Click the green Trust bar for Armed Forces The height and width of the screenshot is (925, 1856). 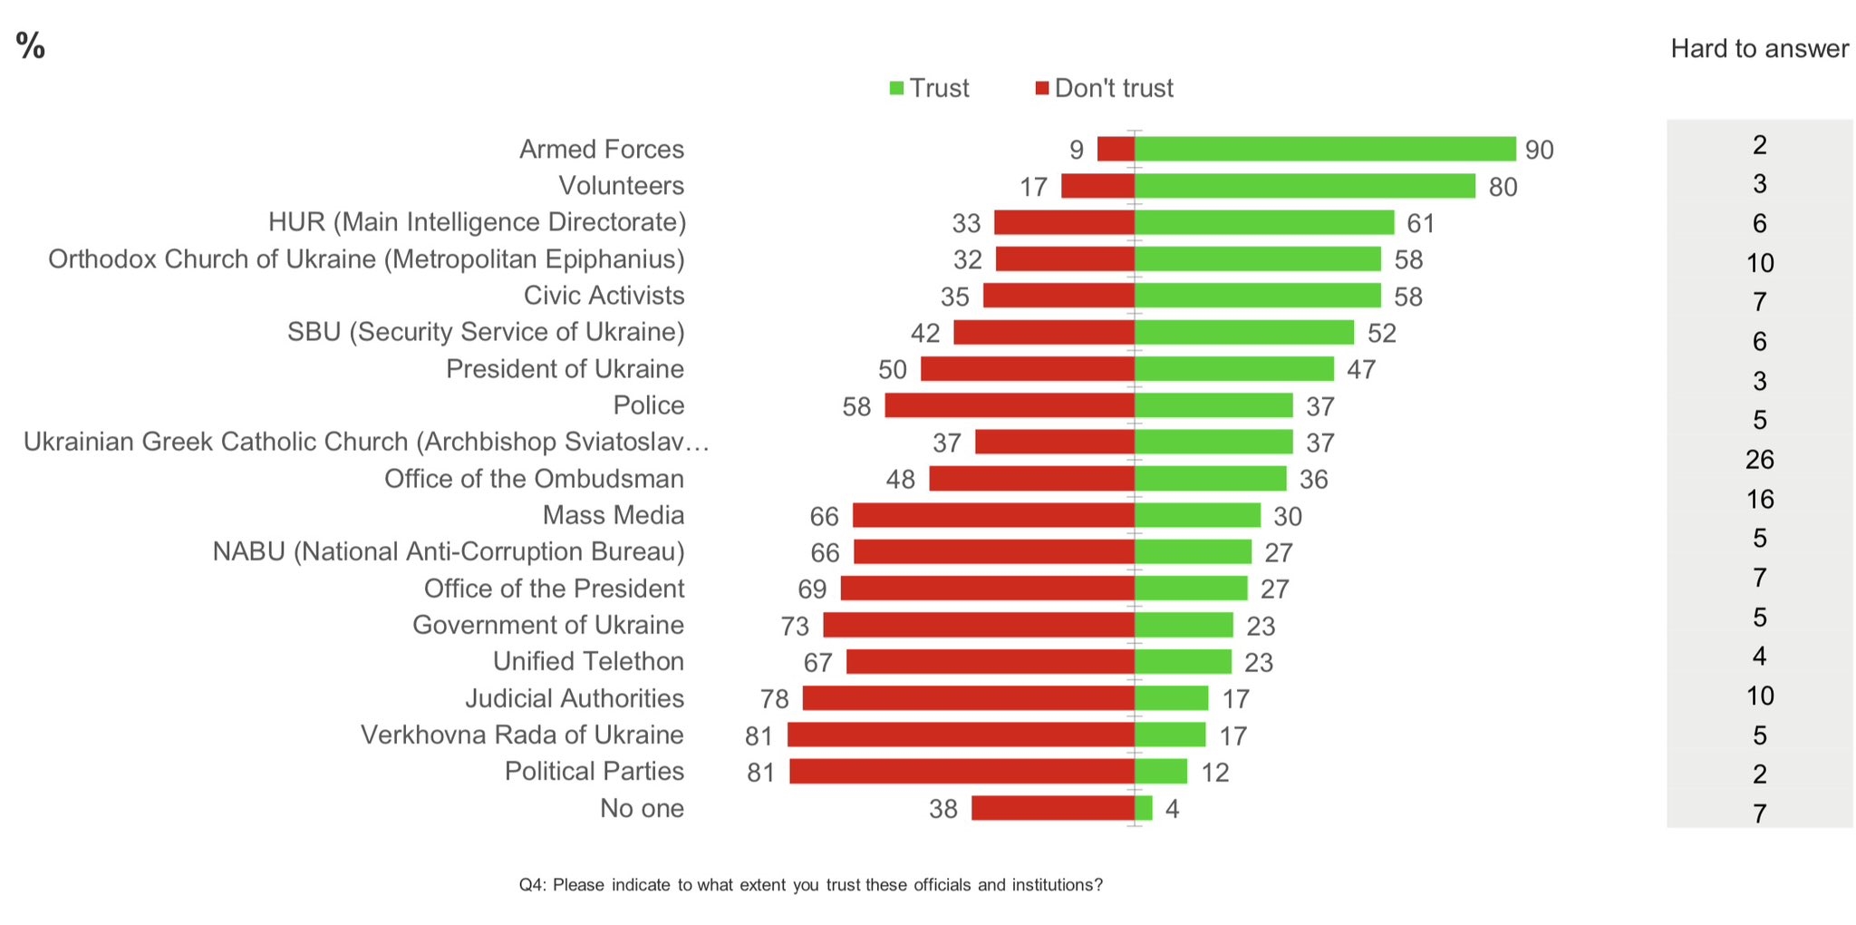point(1324,149)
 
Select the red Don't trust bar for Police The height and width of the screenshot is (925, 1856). point(1009,405)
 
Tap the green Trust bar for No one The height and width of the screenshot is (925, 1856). point(1144,808)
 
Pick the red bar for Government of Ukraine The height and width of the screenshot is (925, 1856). point(978,625)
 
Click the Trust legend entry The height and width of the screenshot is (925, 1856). point(929,88)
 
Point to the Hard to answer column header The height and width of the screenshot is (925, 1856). point(1759,49)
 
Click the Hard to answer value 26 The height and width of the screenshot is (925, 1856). point(1759,460)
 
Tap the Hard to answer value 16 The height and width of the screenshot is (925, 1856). point(1759,499)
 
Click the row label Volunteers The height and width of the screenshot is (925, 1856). point(621,186)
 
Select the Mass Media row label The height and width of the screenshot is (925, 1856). point(613,515)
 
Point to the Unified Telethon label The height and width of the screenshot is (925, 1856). point(588,661)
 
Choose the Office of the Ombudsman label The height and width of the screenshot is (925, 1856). point(534,479)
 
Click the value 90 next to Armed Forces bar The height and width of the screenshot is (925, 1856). point(1539,151)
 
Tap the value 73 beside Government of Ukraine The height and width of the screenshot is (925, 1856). point(795,627)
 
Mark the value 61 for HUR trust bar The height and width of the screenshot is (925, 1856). point(1420,223)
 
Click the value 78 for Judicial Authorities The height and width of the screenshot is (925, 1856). point(775,699)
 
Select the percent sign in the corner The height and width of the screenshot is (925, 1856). point(31,45)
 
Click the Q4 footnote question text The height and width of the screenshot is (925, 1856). point(810,885)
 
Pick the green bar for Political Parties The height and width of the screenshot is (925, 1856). point(1160,772)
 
